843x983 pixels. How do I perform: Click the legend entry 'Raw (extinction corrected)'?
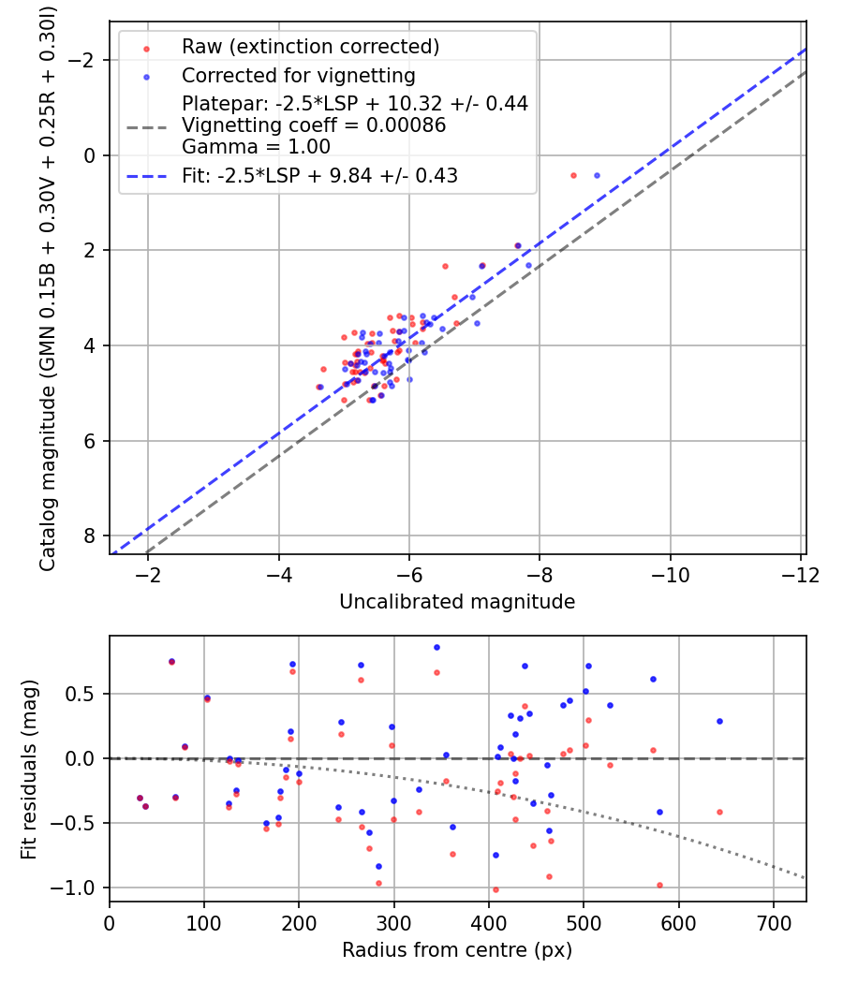(x=310, y=47)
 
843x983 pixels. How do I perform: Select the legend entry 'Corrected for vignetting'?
(x=299, y=75)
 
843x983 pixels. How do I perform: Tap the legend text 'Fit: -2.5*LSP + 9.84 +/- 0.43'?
(x=319, y=175)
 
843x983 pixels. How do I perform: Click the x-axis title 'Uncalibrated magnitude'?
(x=457, y=601)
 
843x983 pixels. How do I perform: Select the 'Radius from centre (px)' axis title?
(x=457, y=950)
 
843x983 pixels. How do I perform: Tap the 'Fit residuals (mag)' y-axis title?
(x=28, y=769)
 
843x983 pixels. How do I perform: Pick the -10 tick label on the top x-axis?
(x=671, y=572)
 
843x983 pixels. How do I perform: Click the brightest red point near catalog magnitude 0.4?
(x=573, y=175)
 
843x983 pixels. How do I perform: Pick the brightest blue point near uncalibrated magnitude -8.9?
(x=597, y=175)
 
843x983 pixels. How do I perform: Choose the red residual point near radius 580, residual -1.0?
(x=659, y=885)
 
